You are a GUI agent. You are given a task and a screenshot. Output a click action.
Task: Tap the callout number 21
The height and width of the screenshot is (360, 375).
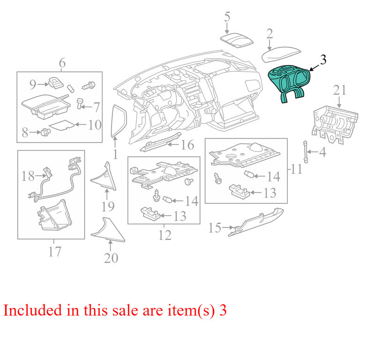pos(339,90)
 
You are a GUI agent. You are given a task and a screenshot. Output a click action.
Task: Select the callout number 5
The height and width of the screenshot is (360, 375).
pos(227,17)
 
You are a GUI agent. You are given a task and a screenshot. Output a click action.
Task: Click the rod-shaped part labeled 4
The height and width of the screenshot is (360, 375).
pos(306,152)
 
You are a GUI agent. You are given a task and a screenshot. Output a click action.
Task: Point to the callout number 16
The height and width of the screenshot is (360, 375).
pos(187,145)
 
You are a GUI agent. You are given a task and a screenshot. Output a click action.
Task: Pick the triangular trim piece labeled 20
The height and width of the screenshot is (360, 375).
pos(108,230)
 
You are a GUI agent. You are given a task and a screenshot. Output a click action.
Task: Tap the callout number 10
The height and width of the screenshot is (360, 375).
pos(95,125)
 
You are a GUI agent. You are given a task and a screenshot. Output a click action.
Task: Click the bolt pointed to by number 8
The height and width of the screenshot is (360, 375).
pos(45,132)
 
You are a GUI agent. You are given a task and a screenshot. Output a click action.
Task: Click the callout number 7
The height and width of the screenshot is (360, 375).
pos(97,107)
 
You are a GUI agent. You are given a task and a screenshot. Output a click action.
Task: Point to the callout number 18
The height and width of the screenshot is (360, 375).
pos(28,176)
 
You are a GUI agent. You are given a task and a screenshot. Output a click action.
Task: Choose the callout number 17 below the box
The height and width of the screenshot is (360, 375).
pos(54,251)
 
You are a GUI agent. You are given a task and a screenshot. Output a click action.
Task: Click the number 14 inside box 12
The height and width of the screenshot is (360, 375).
pos(192,201)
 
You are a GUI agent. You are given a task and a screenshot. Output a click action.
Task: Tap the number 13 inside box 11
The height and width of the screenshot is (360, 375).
pos(270,193)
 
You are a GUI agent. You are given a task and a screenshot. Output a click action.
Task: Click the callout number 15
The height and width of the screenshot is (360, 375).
pos(215,228)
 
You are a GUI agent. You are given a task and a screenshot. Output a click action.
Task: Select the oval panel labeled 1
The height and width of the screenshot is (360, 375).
pos(119,121)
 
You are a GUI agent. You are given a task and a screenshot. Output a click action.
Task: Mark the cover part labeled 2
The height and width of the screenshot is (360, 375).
pos(281,54)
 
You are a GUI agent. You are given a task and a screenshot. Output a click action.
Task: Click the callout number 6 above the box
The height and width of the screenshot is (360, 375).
pos(62,63)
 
